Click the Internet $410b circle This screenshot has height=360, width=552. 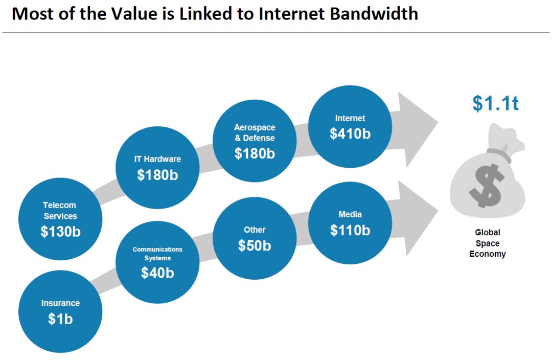350,127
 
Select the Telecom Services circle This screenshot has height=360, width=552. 60,219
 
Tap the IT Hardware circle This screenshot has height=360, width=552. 157,168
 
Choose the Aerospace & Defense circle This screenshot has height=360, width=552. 255,141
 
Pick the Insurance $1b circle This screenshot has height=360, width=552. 60,311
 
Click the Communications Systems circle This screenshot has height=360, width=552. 157,262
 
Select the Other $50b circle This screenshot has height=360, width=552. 255,238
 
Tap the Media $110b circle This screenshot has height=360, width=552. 350,223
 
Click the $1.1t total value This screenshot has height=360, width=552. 495,103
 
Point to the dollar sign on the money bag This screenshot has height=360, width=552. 487,185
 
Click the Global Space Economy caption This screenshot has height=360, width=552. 488,243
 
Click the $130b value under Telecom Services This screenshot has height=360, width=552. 60,232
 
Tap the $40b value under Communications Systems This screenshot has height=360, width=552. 157,273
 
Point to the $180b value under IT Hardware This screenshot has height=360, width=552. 157,175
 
